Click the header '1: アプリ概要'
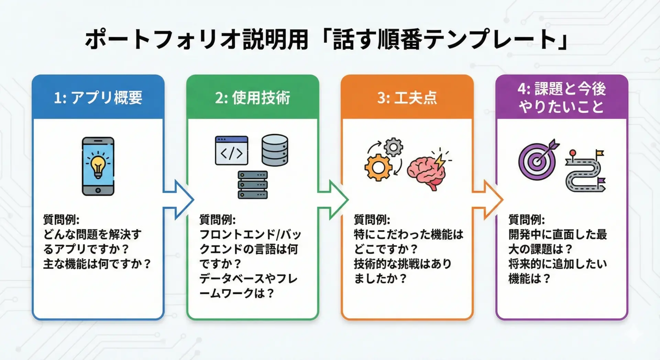coord(98,98)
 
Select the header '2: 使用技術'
coord(253,98)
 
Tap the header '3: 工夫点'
coord(407,98)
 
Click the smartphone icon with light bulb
coord(98,166)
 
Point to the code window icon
coord(231,151)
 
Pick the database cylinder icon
coord(275,150)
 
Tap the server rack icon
coord(253,185)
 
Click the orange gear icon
coord(378,167)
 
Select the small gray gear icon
coord(394,147)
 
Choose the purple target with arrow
coord(538,160)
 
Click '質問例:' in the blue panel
coord(61,219)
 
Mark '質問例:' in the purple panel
coord(526,219)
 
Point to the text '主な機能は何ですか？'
coord(97,264)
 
